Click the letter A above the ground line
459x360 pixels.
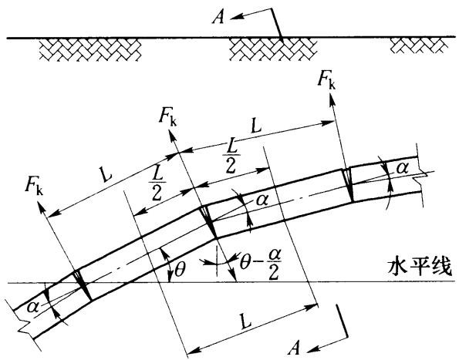[218, 17]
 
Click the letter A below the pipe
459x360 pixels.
[294, 347]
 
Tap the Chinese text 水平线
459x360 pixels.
[420, 267]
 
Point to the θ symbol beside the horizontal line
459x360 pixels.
[179, 270]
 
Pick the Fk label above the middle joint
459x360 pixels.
[167, 118]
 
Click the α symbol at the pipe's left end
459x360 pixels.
[32, 307]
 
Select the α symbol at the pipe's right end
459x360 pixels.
[402, 170]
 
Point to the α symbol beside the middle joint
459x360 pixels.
[262, 200]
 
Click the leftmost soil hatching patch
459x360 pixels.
[90, 49]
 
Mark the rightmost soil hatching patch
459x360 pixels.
[420, 46]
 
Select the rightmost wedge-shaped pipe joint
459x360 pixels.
[348, 185]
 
